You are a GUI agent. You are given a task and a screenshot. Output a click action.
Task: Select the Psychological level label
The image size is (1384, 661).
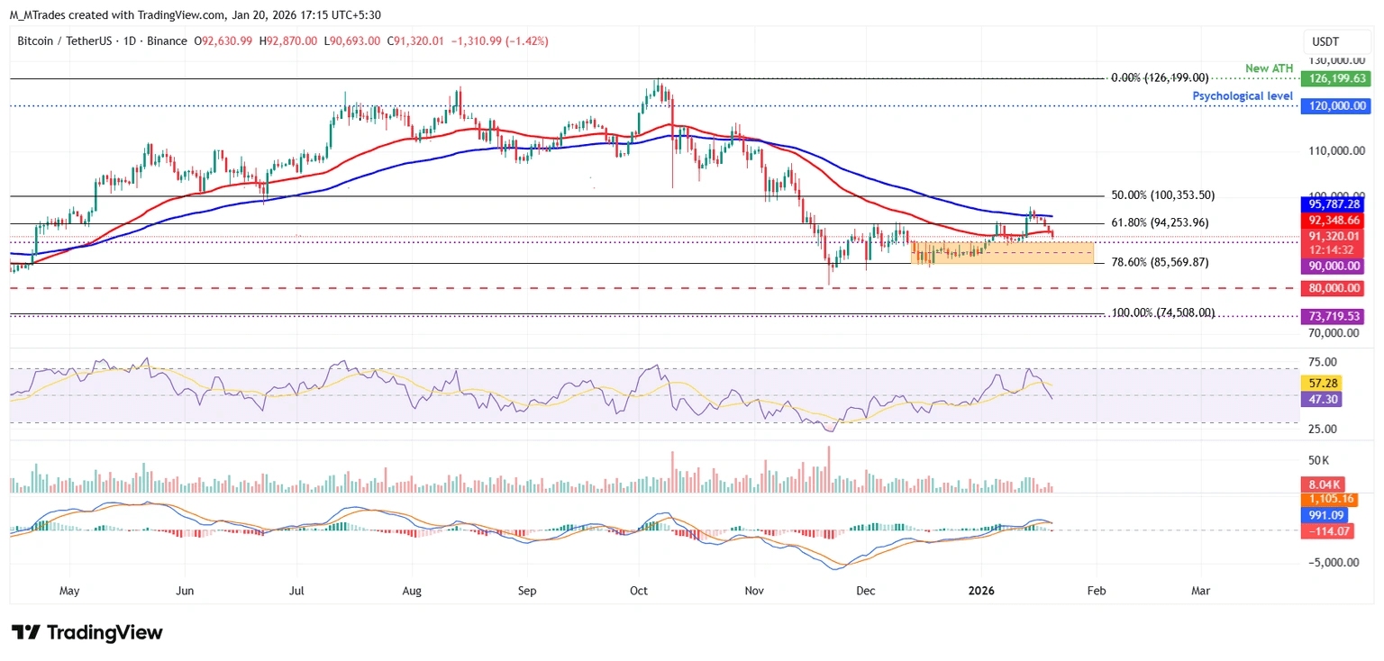(x=1243, y=95)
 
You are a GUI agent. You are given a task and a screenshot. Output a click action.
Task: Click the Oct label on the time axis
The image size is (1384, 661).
(x=640, y=591)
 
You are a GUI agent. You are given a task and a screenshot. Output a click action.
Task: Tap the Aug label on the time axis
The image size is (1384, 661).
(x=412, y=591)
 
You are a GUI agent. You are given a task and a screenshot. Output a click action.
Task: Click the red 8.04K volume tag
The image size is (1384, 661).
(x=1326, y=484)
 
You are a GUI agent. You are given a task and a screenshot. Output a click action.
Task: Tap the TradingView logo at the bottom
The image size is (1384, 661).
(x=87, y=632)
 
